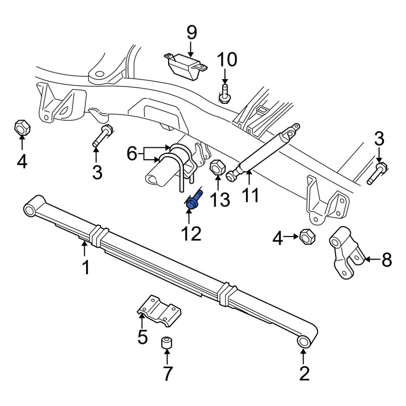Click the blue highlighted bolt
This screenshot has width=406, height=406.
click(193, 202)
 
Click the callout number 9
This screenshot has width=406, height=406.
click(190, 32)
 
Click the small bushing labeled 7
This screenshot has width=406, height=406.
click(166, 343)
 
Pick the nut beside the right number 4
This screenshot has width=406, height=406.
click(305, 236)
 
